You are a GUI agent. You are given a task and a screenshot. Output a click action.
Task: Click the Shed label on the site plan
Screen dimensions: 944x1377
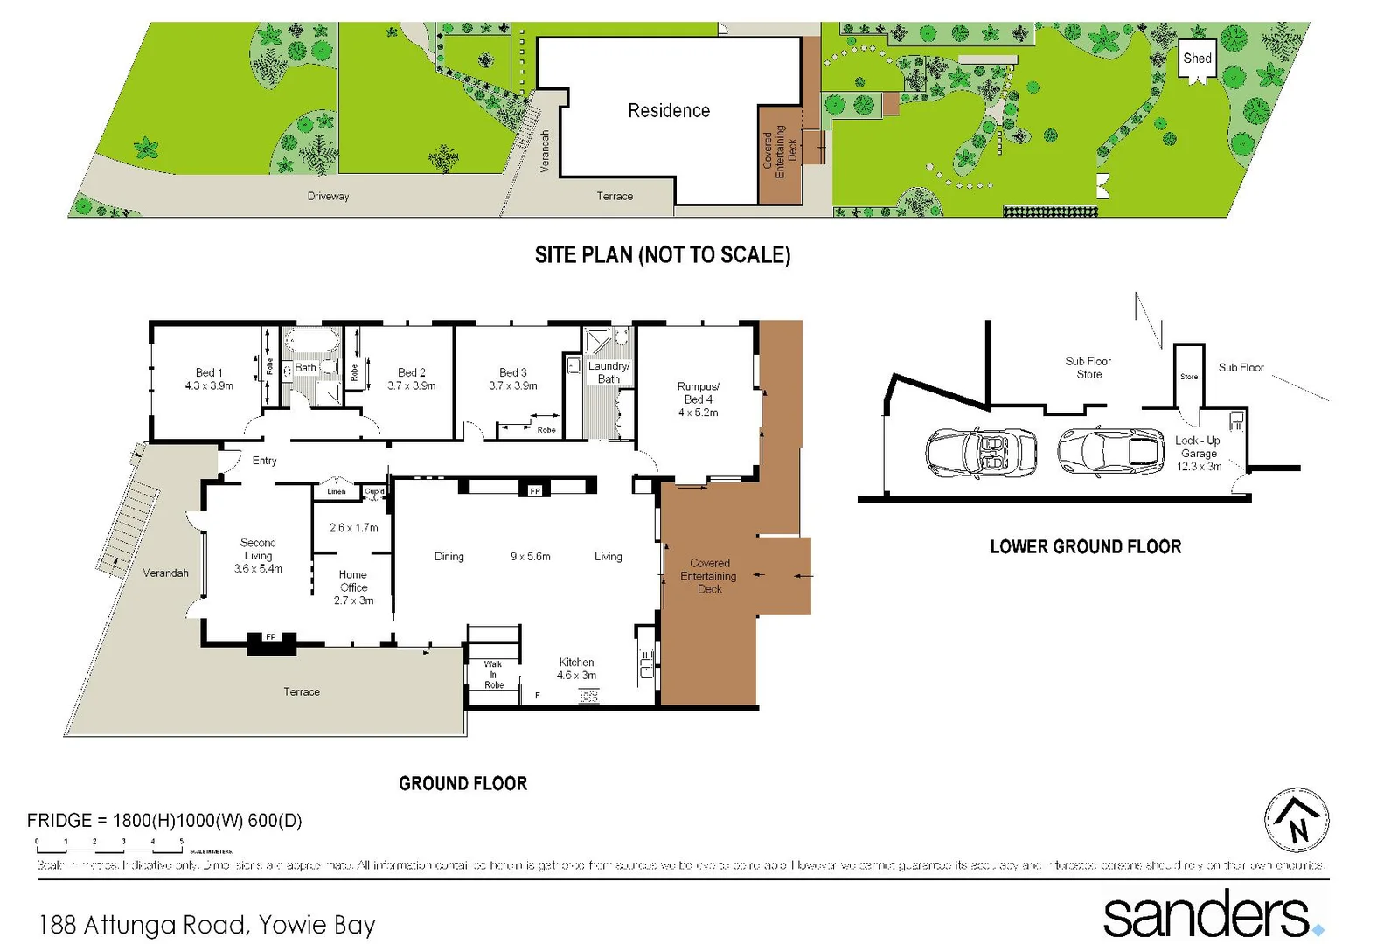(1197, 59)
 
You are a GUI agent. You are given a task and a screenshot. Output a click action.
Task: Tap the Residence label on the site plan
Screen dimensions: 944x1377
(669, 111)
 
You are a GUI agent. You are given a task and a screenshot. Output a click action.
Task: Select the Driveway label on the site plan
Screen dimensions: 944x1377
(328, 197)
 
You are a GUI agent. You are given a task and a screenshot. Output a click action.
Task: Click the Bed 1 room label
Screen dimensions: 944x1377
(209, 378)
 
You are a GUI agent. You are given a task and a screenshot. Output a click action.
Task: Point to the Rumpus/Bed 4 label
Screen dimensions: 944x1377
(698, 399)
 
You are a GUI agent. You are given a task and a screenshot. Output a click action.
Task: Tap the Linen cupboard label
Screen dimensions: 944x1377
(337, 491)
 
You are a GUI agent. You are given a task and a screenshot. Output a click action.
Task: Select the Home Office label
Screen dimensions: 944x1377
(353, 587)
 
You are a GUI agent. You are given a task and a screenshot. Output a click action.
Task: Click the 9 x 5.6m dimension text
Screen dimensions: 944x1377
(531, 557)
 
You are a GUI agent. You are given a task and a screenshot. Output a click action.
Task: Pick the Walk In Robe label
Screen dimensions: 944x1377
(493, 675)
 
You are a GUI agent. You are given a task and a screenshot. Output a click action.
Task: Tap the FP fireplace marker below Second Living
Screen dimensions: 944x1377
(271, 637)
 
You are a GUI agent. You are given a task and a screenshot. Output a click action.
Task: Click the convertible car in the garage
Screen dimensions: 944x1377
(981, 452)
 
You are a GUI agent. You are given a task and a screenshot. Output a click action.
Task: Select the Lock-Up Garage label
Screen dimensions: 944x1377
(1198, 453)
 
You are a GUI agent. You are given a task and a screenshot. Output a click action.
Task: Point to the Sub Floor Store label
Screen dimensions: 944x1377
(1088, 367)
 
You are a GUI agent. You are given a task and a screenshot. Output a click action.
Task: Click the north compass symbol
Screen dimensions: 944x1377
(1297, 821)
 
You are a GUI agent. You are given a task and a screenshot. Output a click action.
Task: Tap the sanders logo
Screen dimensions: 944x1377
(1211, 913)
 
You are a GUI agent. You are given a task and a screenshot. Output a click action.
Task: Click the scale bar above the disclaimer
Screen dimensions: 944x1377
(109, 845)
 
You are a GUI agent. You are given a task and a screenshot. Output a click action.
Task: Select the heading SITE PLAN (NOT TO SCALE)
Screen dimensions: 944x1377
(663, 255)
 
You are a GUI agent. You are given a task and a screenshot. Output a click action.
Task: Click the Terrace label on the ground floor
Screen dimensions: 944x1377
(302, 691)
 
